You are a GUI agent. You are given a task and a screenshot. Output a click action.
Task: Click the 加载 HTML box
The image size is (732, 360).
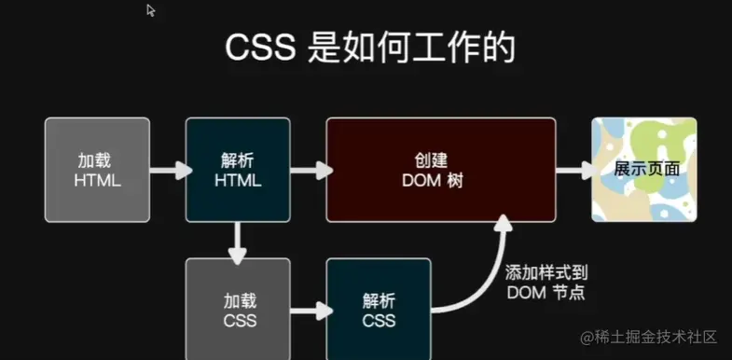coord(97,170)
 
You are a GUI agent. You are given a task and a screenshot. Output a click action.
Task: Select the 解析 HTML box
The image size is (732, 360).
coord(237,170)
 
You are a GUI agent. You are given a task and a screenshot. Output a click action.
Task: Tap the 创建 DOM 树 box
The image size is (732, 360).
coord(440,170)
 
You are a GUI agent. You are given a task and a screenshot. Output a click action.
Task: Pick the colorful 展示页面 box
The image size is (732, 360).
coord(644,170)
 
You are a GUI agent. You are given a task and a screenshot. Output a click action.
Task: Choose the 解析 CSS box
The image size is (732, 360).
coord(378,310)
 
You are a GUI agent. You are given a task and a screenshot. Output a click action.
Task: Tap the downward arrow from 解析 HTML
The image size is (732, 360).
coord(238,241)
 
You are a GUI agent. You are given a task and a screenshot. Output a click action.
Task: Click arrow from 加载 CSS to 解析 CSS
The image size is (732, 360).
coord(308,311)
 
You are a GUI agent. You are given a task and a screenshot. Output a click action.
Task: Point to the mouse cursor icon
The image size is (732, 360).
coord(151,10)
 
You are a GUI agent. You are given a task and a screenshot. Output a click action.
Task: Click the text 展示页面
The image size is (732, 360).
coord(645,171)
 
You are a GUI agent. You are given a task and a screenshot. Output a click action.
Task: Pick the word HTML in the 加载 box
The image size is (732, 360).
coord(97,180)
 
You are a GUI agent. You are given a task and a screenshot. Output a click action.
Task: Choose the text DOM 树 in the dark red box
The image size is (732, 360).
coord(439,180)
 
